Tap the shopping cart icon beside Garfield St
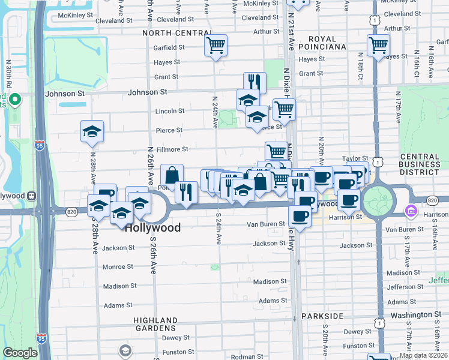pos(215,46)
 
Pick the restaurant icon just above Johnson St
pos(255,82)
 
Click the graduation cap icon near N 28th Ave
pos(92,131)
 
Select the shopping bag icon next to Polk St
pos(172,175)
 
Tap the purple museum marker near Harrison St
pos(411,211)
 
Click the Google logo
pos(20,353)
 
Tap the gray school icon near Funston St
pos(125,350)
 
